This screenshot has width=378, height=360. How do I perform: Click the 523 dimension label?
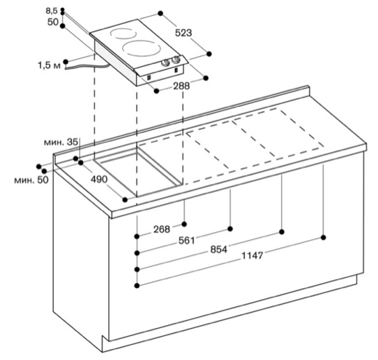(x=183, y=33)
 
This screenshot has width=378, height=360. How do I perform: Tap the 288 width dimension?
(x=181, y=86)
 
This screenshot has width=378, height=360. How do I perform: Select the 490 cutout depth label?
(x=99, y=180)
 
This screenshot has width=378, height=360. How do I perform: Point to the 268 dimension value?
(x=162, y=229)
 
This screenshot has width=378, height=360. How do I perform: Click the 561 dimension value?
(x=187, y=241)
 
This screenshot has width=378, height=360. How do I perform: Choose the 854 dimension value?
(x=219, y=249)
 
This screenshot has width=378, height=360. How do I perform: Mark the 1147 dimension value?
(x=252, y=255)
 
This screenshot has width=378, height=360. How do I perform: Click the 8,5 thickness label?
(x=52, y=11)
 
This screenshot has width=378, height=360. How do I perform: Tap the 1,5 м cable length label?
(x=49, y=65)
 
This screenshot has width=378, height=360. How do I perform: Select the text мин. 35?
(x=61, y=143)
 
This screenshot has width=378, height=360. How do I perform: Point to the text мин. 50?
(x=31, y=180)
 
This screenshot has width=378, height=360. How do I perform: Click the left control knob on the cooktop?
(x=166, y=63)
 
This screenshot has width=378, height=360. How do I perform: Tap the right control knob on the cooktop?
(x=176, y=60)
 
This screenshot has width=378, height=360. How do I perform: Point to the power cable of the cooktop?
(x=87, y=67)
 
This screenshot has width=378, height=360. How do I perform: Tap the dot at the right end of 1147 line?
(x=323, y=237)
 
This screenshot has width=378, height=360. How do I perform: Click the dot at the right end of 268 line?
(x=185, y=224)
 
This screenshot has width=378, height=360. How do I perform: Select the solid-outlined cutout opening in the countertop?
(x=137, y=172)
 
